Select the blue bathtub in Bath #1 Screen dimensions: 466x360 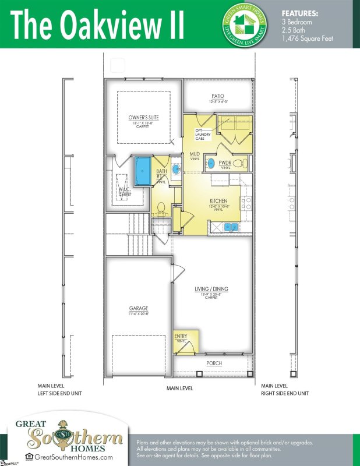tap(142, 170)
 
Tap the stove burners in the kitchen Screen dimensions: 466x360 tap(248, 203)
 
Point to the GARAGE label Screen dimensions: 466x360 tap(139, 309)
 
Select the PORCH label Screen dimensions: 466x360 tap(214, 363)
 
